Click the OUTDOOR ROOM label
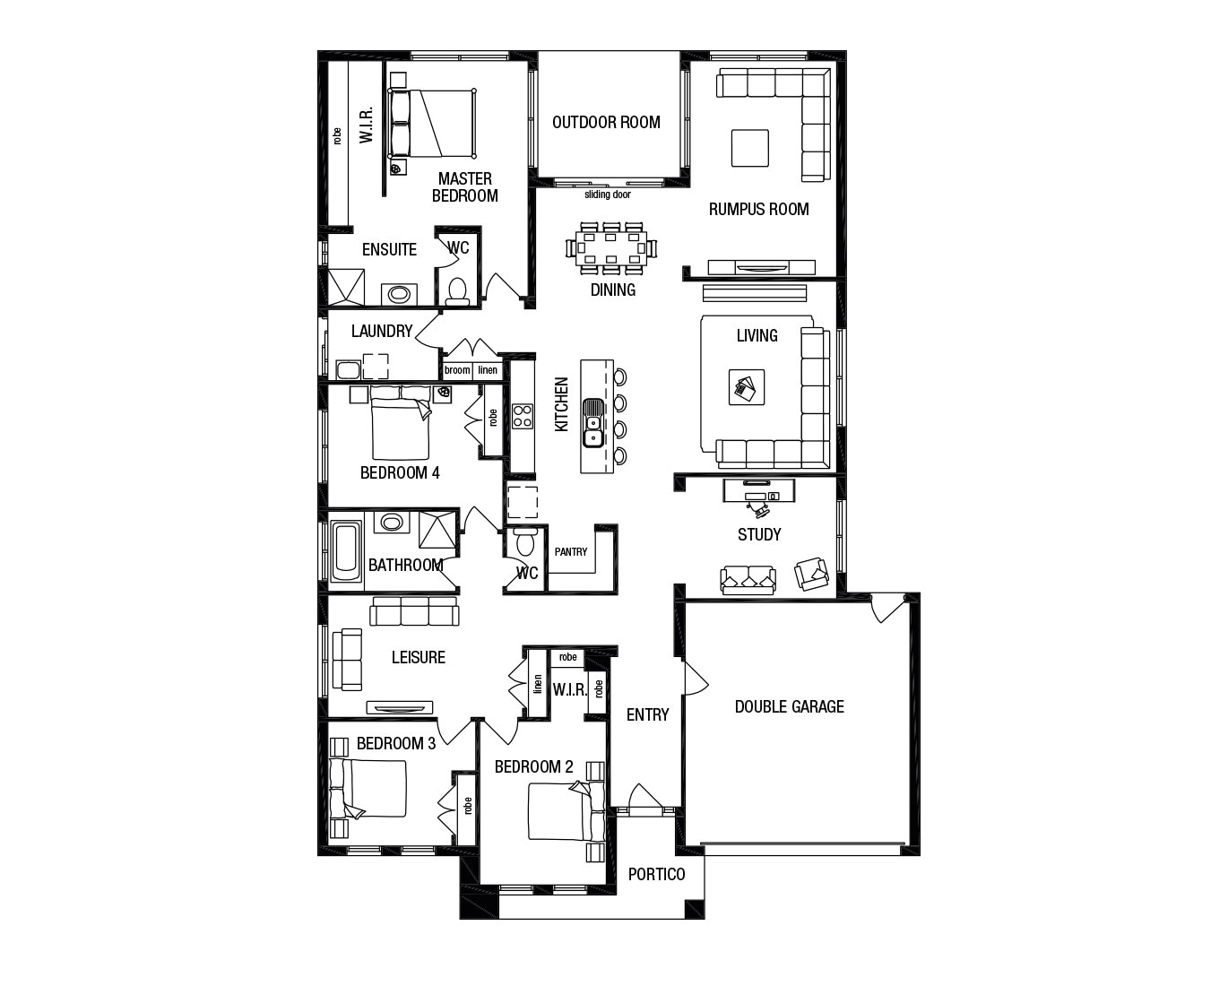click(606, 122)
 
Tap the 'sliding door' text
click(608, 195)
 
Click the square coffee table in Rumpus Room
click(749, 148)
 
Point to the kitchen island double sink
click(592, 421)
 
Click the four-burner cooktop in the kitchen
click(522, 416)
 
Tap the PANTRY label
click(570, 551)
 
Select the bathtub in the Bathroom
click(345, 551)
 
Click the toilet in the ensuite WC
click(457, 290)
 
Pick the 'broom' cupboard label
click(457, 370)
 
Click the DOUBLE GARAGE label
click(789, 706)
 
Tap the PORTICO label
click(656, 874)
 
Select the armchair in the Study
click(812, 574)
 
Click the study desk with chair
click(757, 496)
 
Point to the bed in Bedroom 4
click(400, 426)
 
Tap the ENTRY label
click(647, 714)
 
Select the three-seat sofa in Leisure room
click(414, 611)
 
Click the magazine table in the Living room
click(746, 387)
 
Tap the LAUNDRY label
click(382, 331)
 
